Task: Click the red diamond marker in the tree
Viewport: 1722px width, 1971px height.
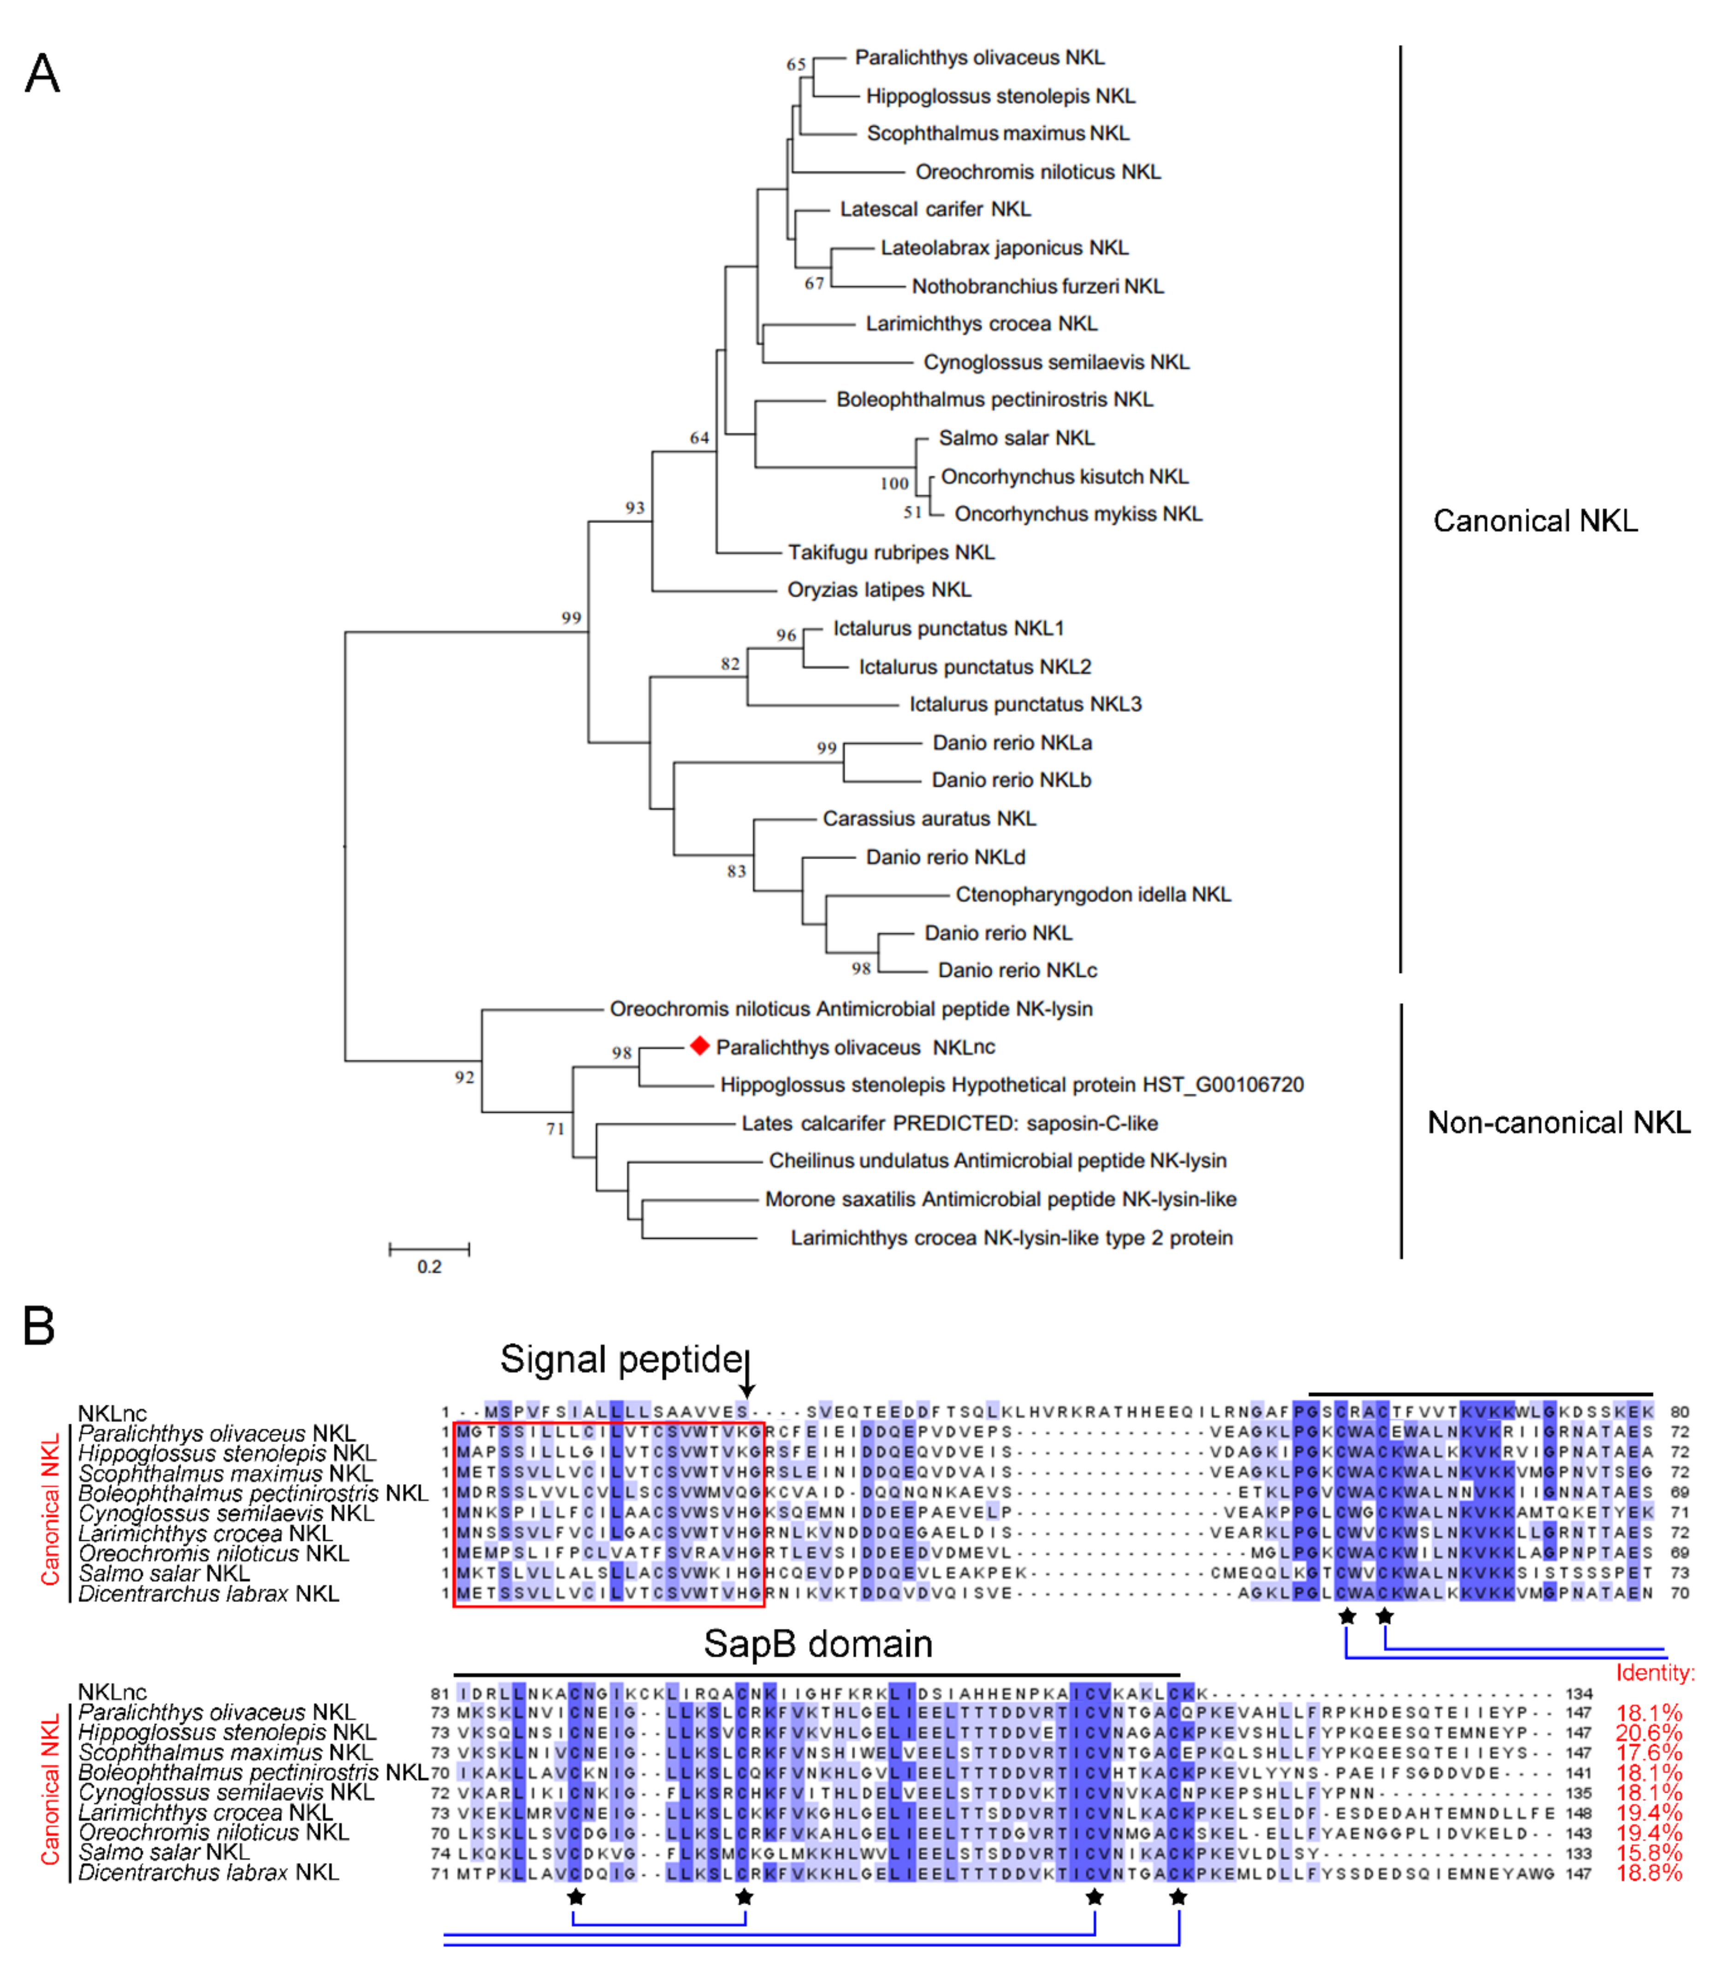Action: [x=699, y=1045]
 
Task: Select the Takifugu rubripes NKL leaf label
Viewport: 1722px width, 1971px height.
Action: [x=891, y=552]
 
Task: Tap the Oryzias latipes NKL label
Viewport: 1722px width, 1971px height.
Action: [x=878, y=590]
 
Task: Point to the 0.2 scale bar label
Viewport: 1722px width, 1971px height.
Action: [x=430, y=1267]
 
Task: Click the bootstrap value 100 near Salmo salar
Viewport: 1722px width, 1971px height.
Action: [x=894, y=483]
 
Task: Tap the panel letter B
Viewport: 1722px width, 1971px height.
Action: [x=38, y=1326]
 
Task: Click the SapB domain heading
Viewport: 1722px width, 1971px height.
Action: [x=818, y=1644]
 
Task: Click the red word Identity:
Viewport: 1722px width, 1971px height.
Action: [x=1655, y=1673]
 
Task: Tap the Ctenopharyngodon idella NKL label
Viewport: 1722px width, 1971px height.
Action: [x=1093, y=895]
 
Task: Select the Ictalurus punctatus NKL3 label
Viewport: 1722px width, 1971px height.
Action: [x=1025, y=704]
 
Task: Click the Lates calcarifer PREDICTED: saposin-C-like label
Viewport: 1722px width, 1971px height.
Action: [x=949, y=1123]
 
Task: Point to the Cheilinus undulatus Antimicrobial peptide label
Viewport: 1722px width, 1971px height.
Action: [x=997, y=1161]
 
